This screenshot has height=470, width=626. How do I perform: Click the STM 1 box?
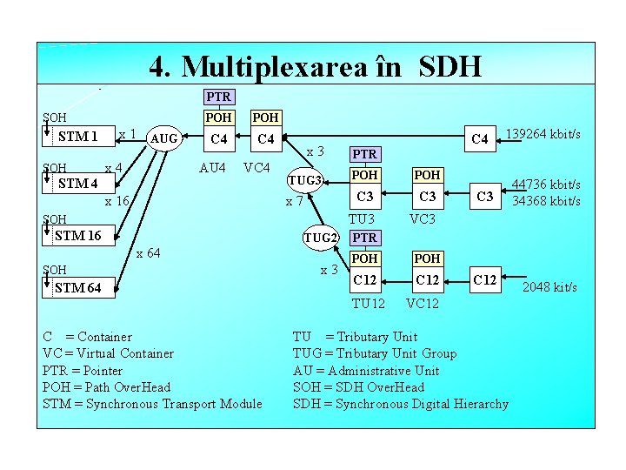80,137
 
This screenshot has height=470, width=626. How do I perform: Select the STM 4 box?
78,184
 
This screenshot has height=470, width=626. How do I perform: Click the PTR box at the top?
218,97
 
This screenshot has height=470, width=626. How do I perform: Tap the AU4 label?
213,167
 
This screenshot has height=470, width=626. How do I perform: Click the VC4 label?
258,167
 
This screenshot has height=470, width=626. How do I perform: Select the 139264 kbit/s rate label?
543,134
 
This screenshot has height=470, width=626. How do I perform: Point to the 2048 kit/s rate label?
549,287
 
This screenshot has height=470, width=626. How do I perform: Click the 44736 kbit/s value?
545,185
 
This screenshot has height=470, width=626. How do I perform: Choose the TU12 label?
368,303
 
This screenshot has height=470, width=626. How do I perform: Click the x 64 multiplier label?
148,253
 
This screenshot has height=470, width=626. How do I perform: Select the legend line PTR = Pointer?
83,370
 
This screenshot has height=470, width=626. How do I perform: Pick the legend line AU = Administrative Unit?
366,370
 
